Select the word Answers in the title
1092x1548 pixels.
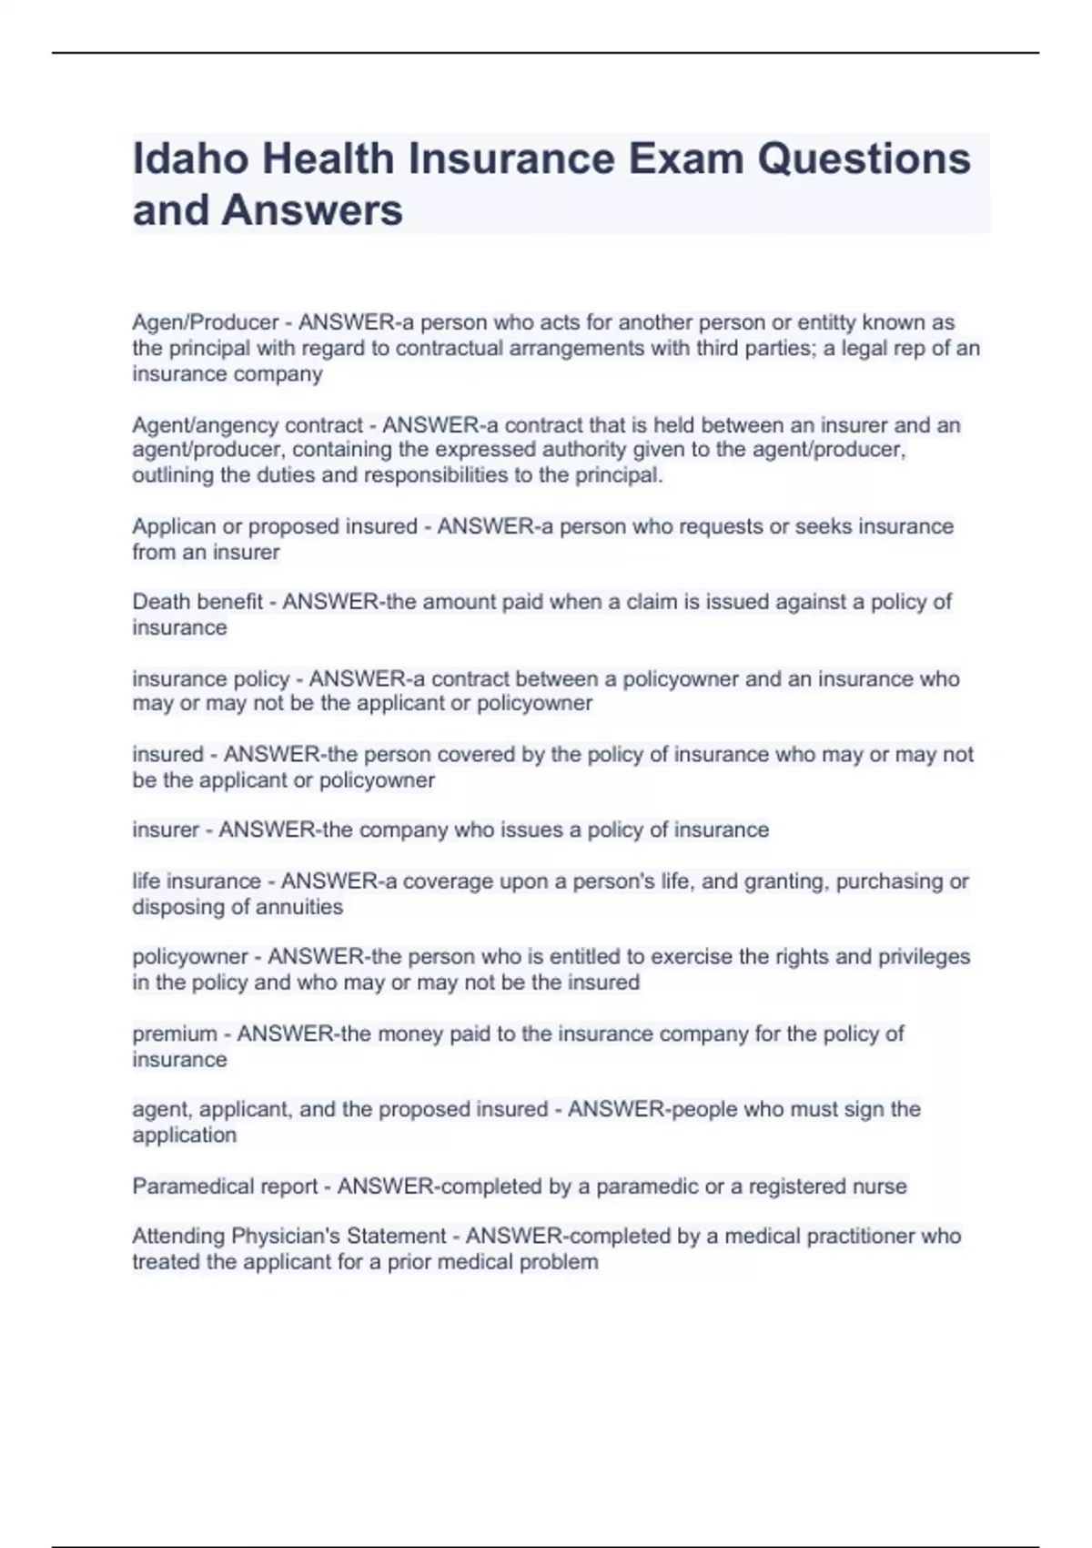coord(311,210)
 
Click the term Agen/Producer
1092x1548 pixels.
coord(206,322)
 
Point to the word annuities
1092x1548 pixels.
coord(299,907)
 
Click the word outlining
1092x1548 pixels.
coord(173,475)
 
